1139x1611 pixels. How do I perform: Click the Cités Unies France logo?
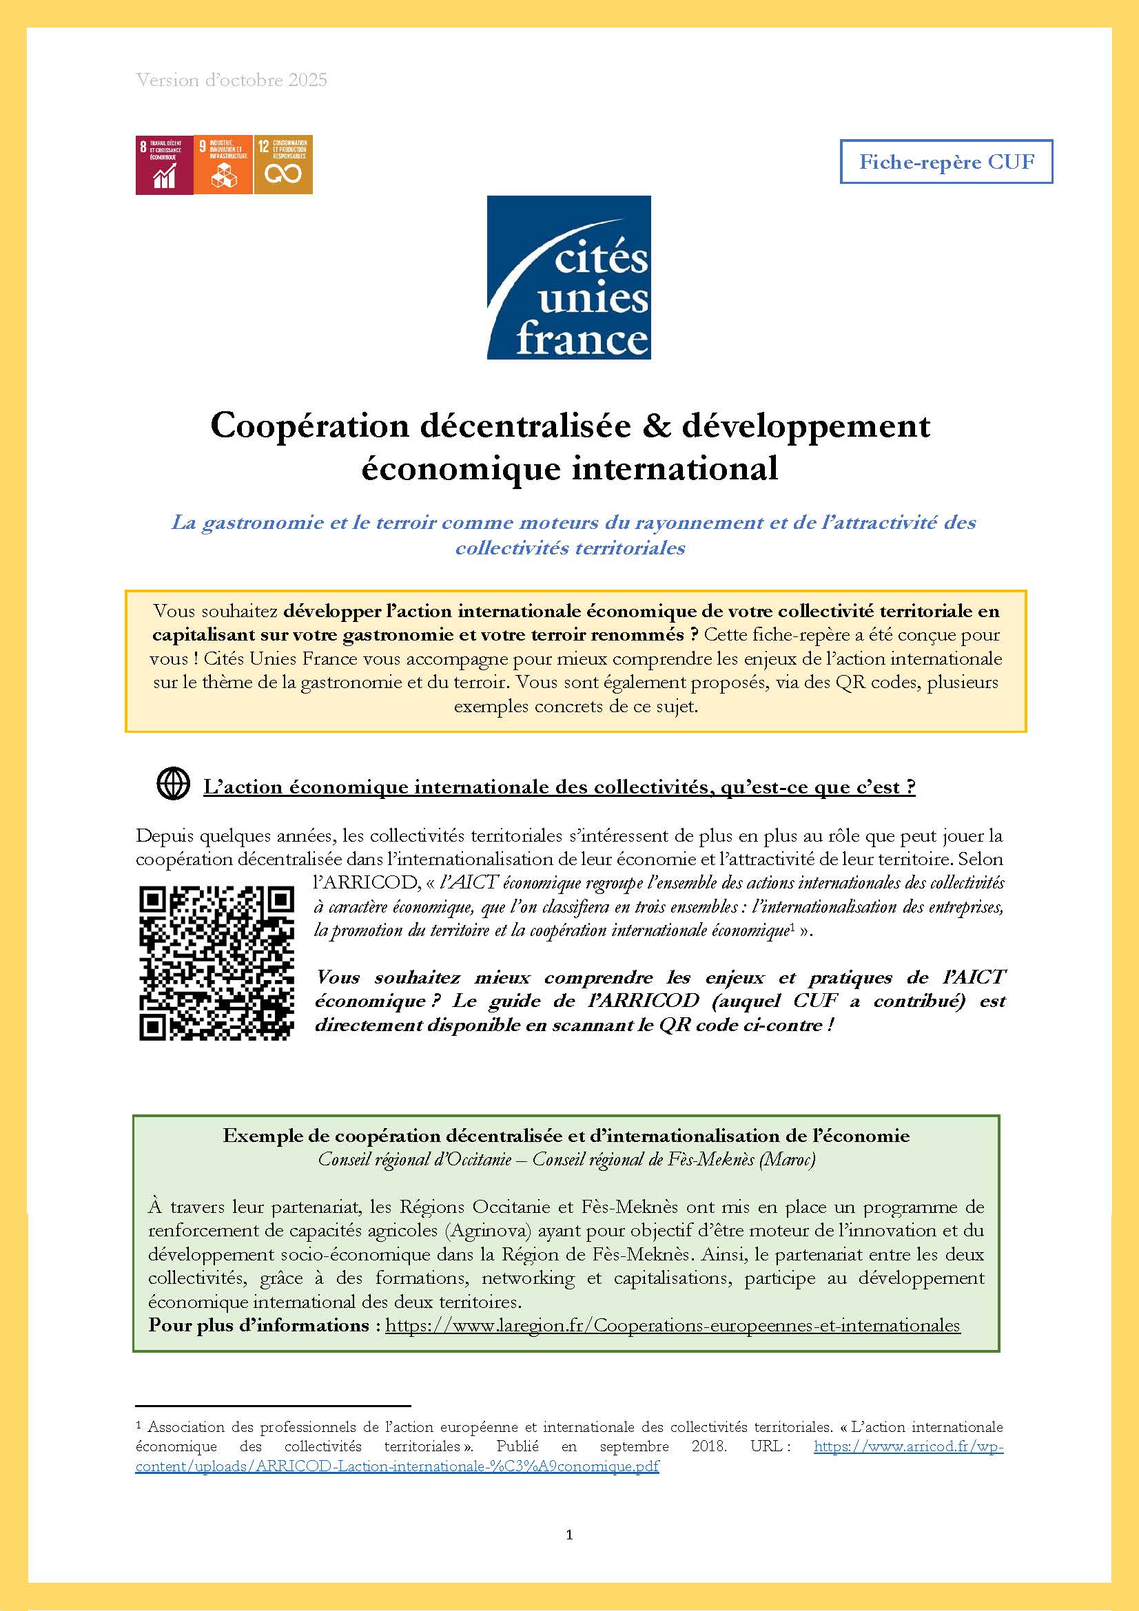pos(568,277)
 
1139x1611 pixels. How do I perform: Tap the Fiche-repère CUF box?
pos(946,162)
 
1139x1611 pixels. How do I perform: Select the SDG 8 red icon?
pos(163,165)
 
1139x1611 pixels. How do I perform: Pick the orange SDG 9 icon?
pos(223,165)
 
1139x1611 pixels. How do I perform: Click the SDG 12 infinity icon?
pos(283,165)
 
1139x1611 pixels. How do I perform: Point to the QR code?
pos(216,964)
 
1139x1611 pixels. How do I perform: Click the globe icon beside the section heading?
pos(173,784)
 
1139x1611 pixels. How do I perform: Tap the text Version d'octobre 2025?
pos(232,80)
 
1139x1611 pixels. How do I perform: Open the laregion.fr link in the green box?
pos(673,1325)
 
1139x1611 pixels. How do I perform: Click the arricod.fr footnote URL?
pos(908,1447)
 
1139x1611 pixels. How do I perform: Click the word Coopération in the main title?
pos(309,426)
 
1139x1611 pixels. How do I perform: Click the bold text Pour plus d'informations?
pos(259,1325)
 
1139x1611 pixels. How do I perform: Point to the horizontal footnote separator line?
pos(272,1406)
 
